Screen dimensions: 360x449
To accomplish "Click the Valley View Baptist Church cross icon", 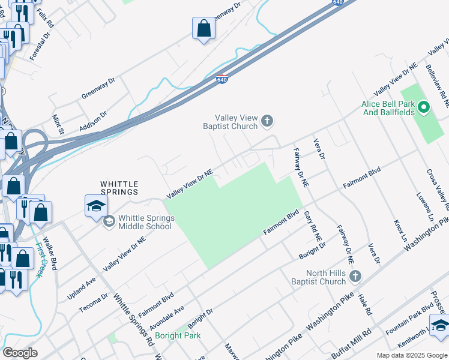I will [x=268, y=122].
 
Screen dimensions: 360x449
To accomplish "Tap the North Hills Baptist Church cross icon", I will [x=355, y=276].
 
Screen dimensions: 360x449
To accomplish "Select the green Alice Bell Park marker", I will [x=424, y=108].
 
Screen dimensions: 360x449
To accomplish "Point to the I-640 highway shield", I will [x=222, y=79].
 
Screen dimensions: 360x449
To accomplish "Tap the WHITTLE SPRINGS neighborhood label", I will [x=119, y=188].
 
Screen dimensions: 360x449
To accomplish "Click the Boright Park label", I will [x=178, y=335].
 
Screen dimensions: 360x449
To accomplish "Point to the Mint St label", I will [x=58, y=125].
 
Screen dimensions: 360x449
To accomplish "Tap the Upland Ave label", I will [x=82, y=281].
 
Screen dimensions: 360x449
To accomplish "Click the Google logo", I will [x=20, y=353].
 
